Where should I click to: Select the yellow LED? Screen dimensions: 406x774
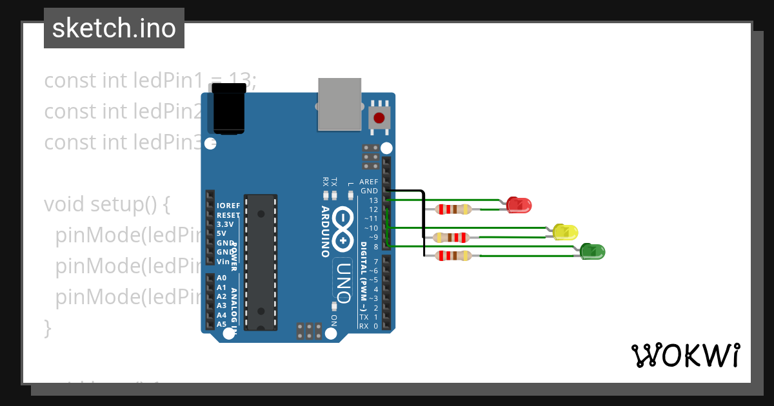point(565,232)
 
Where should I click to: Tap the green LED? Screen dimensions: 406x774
point(592,251)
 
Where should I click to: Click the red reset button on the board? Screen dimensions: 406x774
point(379,119)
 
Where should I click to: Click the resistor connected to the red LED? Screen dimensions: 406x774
point(454,209)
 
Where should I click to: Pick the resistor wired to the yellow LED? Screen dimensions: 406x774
point(451,237)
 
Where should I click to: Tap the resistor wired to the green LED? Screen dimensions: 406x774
point(454,256)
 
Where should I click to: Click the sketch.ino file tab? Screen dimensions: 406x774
point(114,28)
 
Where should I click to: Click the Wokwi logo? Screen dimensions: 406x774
point(685,355)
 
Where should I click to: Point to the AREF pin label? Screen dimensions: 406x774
point(369,182)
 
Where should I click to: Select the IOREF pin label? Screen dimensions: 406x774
point(228,206)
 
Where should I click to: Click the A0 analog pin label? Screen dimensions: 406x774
point(221,278)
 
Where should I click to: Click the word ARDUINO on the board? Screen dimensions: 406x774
point(326,231)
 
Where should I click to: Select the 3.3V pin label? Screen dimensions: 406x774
point(226,224)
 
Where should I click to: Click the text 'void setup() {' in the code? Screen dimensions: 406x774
point(106,204)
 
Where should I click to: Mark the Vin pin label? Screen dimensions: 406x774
point(223,261)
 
